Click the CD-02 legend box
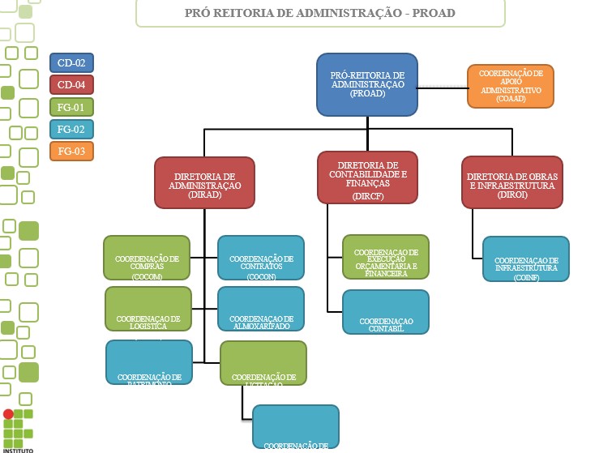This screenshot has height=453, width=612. (x=72, y=62)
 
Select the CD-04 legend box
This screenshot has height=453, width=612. (x=72, y=84)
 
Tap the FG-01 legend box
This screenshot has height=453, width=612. (x=72, y=107)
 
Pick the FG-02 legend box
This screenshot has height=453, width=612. (x=72, y=129)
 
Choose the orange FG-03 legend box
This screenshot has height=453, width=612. (x=72, y=151)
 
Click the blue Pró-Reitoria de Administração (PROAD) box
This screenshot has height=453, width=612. (x=366, y=84)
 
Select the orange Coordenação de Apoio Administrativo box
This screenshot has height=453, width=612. (x=511, y=86)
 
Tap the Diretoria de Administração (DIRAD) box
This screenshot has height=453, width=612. (x=204, y=182)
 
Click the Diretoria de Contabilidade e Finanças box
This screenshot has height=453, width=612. (x=367, y=177)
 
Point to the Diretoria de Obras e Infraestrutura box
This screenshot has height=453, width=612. (x=512, y=182)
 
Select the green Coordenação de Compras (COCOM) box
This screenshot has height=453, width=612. (x=147, y=258)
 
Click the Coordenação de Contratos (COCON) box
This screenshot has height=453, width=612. (x=261, y=258)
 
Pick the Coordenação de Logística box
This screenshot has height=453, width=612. (x=148, y=309)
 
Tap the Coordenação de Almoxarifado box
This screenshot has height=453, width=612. (x=261, y=309)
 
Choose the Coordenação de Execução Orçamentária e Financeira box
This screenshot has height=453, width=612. (x=386, y=257)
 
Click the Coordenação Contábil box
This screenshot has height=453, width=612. (x=386, y=311)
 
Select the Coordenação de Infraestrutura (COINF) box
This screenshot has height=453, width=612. (x=526, y=259)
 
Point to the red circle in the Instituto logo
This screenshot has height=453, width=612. (x=9, y=414)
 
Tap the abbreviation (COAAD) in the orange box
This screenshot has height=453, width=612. (x=511, y=99)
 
